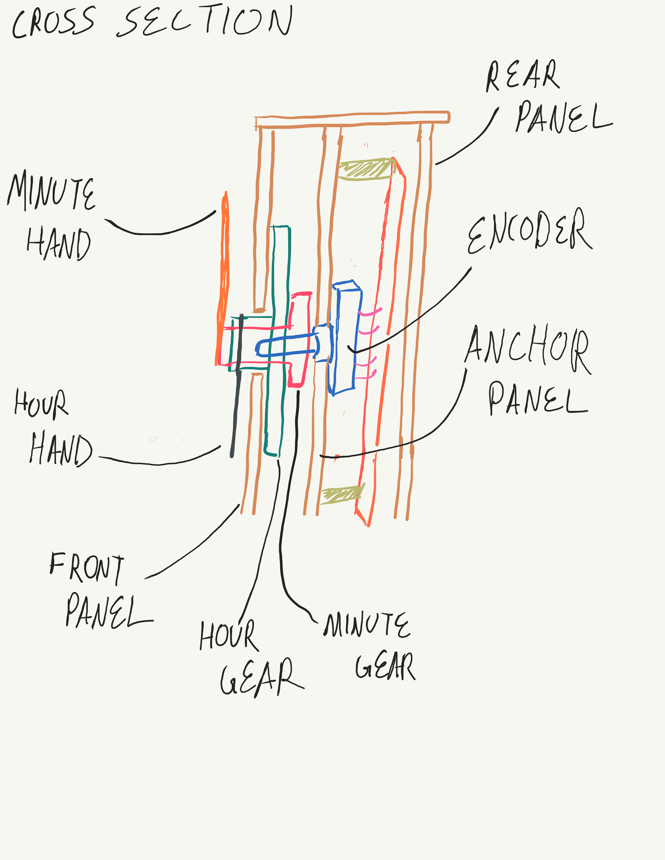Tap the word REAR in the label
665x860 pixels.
click(522, 76)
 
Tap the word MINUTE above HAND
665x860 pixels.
click(51, 192)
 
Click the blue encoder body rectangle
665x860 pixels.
click(345, 339)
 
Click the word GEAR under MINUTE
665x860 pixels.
click(385, 666)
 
